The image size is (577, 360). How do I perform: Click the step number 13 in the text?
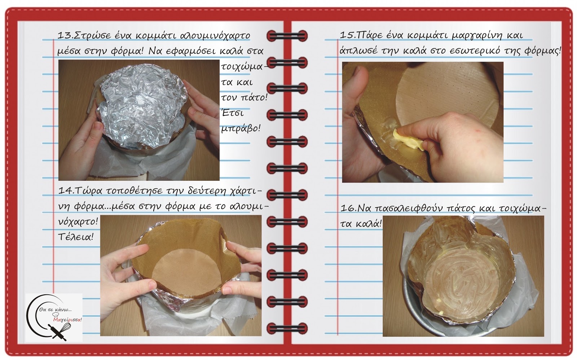point(63,35)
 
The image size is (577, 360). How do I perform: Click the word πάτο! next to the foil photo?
point(253,98)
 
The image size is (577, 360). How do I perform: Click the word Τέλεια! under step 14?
point(76,237)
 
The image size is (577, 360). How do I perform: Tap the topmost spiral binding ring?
point(287,35)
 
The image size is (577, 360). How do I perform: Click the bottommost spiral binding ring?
point(287,329)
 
